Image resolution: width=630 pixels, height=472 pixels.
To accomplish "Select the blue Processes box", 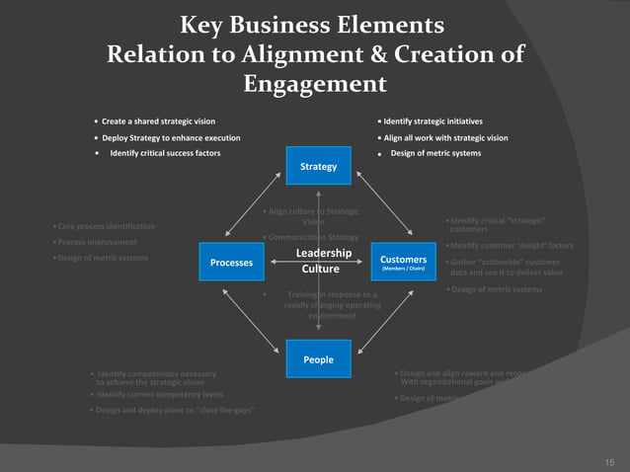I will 231,262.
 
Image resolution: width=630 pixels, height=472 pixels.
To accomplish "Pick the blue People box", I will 318,359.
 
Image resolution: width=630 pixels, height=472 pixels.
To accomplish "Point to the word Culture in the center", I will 321,269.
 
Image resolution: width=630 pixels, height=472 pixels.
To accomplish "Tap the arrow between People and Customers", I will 384,317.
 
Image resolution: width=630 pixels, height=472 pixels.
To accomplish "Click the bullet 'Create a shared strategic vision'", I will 159,120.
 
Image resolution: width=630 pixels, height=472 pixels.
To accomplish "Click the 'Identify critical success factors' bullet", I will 165,153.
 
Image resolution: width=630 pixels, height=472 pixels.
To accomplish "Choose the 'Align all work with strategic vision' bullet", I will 445,137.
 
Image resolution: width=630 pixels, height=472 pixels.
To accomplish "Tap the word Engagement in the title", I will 315,84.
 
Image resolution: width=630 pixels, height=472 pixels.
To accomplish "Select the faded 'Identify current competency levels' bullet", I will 159,394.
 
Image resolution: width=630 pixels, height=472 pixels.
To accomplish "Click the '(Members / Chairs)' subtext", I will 402,269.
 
